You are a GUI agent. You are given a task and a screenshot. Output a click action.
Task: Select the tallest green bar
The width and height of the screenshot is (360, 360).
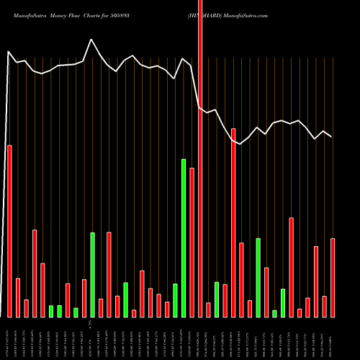click(x=184, y=238)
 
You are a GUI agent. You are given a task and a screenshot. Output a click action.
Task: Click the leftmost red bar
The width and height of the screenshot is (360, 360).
click(x=9, y=230)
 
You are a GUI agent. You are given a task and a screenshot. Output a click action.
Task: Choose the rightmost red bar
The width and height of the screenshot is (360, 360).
click(x=333, y=277)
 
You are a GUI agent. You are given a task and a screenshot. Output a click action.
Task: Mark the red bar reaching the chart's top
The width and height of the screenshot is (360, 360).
click(x=200, y=158)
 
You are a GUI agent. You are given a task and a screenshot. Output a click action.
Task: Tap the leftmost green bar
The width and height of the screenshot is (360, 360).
click(x=51, y=311)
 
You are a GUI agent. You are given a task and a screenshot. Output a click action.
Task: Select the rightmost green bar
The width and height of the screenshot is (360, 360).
click(x=283, y=302)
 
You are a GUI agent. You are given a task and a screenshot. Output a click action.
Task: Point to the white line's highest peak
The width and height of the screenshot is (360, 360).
click(x=91, y=40)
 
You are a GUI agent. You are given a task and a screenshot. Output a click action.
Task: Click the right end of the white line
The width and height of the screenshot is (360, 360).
click(x=332, y=136)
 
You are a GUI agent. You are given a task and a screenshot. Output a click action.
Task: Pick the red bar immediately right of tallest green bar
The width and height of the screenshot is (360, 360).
click(x=192, y=242)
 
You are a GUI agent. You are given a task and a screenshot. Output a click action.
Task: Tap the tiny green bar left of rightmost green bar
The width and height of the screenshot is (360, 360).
click(x=274, y=313)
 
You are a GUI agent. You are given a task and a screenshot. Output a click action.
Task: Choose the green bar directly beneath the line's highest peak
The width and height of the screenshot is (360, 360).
click(x=92, y=274)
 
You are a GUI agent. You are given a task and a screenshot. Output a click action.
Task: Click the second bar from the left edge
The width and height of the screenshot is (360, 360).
click(x=18, y=297)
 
